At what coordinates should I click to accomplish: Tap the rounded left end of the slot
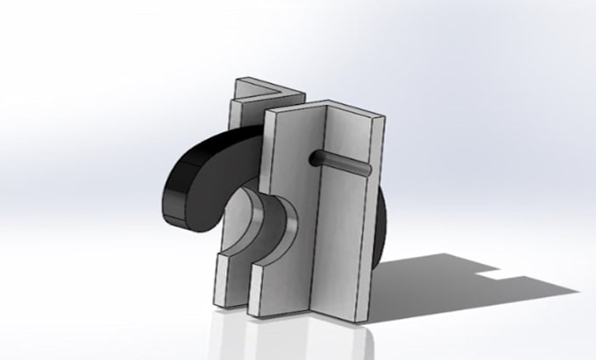pos(313,159)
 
